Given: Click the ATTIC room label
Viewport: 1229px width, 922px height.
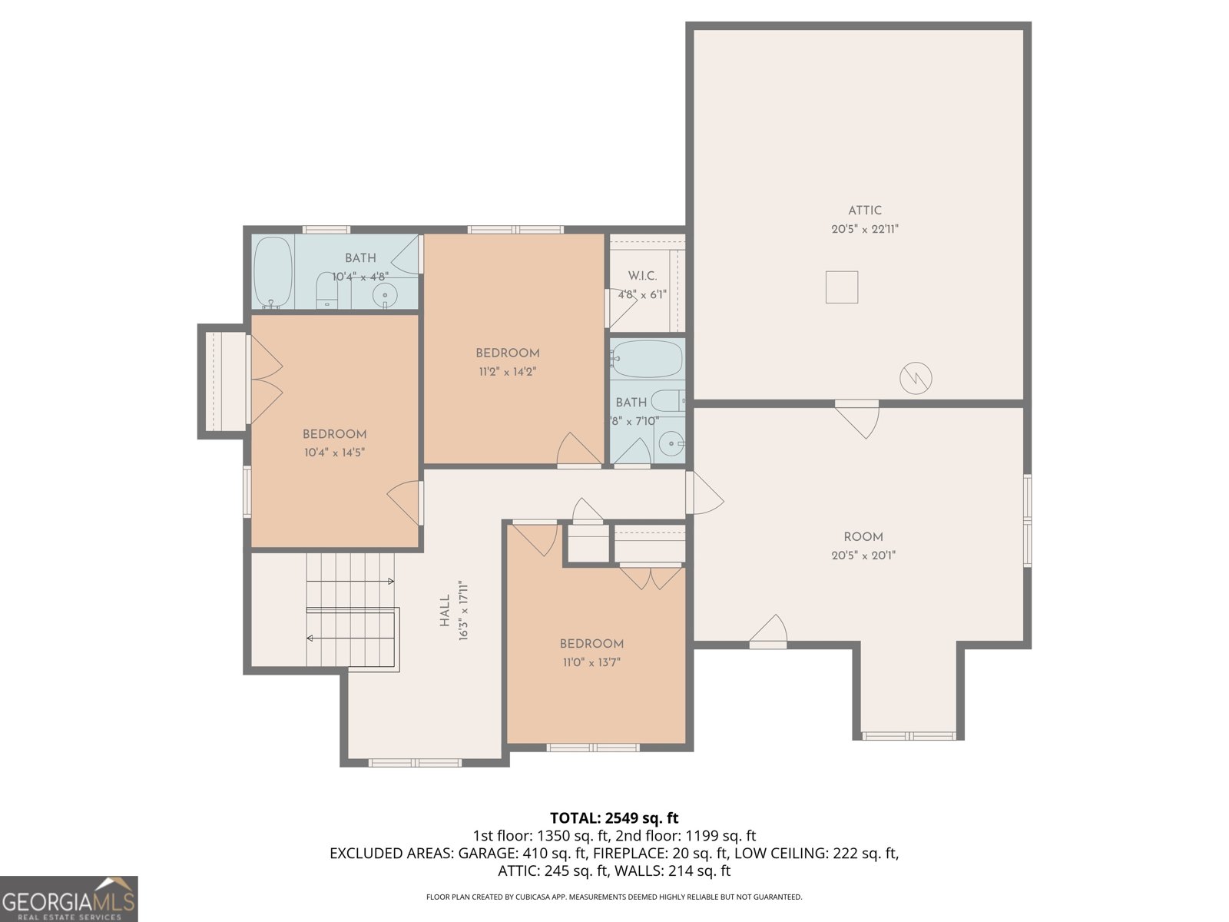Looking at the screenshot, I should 864,211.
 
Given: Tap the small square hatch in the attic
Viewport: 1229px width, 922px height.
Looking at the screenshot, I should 842,287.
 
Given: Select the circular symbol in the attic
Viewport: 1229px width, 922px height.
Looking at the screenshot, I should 916,377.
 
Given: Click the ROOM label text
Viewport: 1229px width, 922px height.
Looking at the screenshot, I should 863,537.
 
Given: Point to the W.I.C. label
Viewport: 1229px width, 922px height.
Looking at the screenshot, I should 642,276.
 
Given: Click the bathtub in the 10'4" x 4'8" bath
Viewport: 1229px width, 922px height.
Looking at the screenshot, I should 273,272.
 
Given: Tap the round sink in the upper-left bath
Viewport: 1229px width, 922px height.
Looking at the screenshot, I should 384,294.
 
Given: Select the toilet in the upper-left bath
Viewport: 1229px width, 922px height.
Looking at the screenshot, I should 328,291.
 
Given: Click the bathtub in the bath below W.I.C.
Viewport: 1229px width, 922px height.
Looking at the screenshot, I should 647,360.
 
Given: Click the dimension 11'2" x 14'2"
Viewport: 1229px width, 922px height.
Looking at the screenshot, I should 507,372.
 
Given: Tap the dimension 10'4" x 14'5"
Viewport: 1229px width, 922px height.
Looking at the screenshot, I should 334,453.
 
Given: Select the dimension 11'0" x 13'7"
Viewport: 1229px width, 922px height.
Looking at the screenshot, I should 591,662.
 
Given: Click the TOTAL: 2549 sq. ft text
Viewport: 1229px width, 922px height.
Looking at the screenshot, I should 614,818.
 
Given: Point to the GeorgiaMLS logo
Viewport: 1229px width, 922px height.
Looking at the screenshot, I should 68,898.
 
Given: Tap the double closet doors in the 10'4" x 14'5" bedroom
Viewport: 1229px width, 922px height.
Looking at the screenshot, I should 264,380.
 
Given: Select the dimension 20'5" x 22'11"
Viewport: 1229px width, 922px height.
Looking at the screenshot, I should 864,229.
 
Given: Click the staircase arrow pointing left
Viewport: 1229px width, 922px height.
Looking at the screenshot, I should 311,638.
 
